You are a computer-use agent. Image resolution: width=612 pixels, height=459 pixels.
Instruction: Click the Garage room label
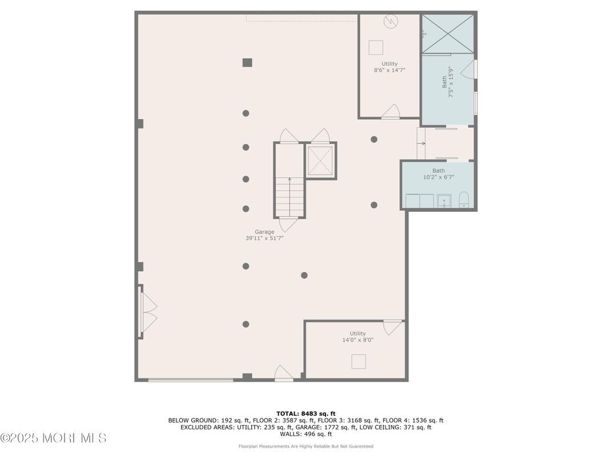coord(264,232)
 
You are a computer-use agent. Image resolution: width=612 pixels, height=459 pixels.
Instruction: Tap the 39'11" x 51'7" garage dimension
coord(264,239)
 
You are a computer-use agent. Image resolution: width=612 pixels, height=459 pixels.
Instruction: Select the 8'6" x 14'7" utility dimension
coord(389,70)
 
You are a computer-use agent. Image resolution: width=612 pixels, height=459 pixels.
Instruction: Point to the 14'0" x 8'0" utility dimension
coord(357,340)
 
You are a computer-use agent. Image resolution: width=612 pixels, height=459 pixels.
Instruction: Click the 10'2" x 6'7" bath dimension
coord(438,177)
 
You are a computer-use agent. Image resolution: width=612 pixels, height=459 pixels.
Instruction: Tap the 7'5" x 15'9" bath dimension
coord(451,82)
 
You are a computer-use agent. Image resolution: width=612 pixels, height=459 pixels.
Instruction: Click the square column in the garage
coord(247,62)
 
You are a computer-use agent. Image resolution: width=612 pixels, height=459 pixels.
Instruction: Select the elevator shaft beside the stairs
coord(320,160)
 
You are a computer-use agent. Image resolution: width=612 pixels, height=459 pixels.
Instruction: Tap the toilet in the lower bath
coord(464,200)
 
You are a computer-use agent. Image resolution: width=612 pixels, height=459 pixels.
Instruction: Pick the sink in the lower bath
coord(444,200)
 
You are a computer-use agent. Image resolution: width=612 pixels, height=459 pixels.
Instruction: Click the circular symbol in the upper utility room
coord(390,22)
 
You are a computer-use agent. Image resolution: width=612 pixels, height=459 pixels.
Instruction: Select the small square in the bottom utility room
coord(359,361)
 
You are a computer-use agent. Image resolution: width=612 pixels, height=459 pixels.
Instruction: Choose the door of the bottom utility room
coord(392,327)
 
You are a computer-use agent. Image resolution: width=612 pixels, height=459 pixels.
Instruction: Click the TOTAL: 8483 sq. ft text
coord(305,414)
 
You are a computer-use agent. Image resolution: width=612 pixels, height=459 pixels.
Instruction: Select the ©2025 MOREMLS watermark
coord(54,438)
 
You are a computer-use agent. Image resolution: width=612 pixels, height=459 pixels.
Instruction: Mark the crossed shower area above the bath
coord(448,34)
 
